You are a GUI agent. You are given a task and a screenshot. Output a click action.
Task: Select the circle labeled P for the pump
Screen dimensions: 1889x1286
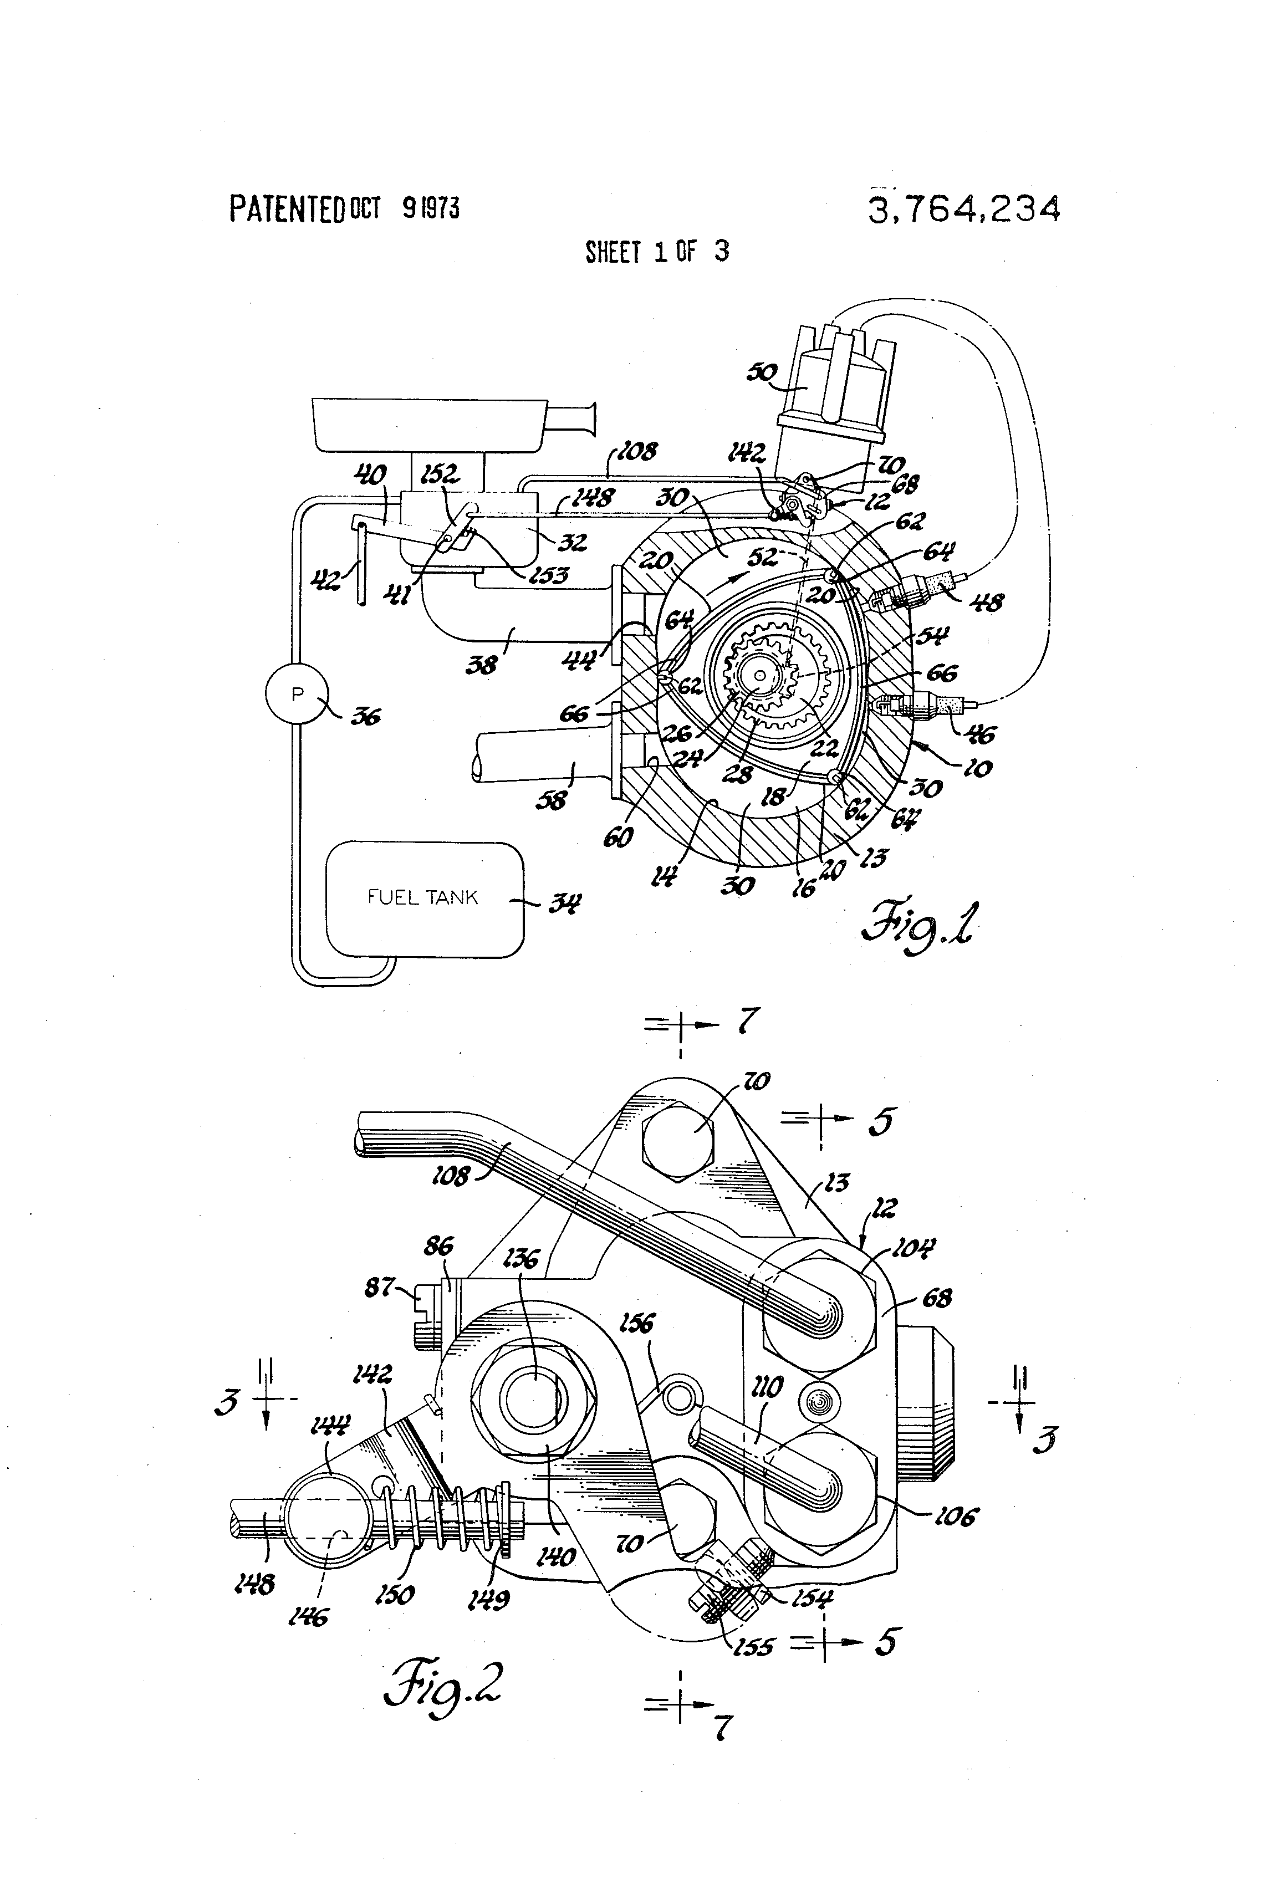[x=298, y=695]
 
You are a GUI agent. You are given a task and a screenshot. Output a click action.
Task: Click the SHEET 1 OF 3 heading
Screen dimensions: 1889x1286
[x=657, y=252]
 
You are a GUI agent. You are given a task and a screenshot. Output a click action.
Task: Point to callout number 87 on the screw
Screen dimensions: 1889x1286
[x=380, y=1288]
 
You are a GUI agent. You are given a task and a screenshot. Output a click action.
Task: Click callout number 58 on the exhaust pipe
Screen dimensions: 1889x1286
[x=551, y=800]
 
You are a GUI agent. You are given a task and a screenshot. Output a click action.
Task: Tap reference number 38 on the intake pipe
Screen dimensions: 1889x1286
[x=481, y=665]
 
